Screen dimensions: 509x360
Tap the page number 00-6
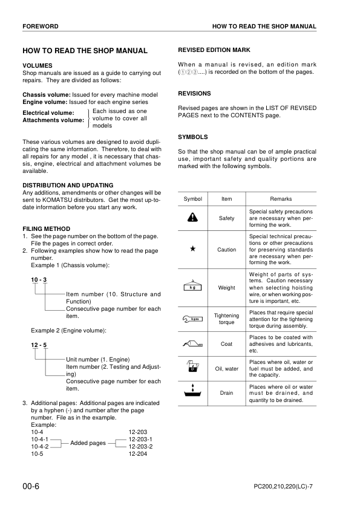(x=33, y=486)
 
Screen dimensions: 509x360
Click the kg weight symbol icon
(x=192, y=287)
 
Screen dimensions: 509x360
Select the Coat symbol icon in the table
(x=192, y=344)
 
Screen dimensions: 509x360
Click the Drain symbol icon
(x=192, y=392)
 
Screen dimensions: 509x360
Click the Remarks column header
(x=281, y=199)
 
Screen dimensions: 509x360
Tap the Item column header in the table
(x=226, y=199)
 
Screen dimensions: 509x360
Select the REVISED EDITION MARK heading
(x=214, y=50)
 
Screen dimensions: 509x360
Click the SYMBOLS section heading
(x=193, y=137)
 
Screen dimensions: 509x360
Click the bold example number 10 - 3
(x=39, y=279)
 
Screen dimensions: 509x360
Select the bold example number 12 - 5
(x=39, y=345)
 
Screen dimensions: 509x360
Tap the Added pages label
(x=88, y=443)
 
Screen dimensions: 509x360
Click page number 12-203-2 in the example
(x=140, y=447)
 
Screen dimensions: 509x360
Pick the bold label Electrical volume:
(x=48, y=113)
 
